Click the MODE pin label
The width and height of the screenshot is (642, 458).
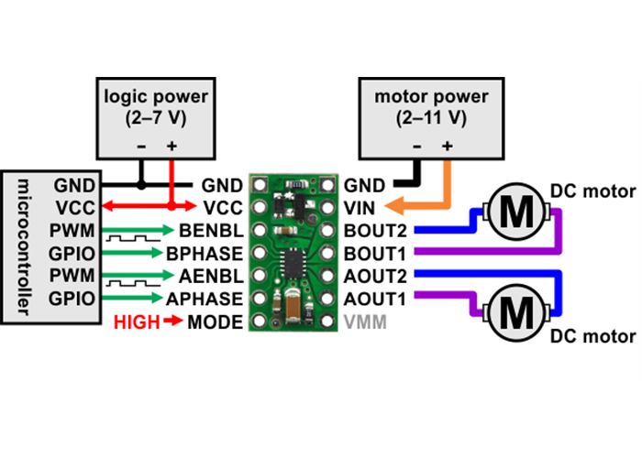pyautogui.click(x=215, y=322)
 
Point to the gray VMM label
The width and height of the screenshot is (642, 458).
pyautogui.click(x=366, y=322)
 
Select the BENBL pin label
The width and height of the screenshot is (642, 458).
pyautogui.click(x=213, y=230)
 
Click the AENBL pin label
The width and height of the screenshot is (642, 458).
pyautogui.click(x=213, y=276)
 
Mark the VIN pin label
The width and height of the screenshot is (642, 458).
pyautogui.click(x=359, y=207)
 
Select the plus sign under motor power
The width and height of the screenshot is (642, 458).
pyautogui.click(x=447, y=146)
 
